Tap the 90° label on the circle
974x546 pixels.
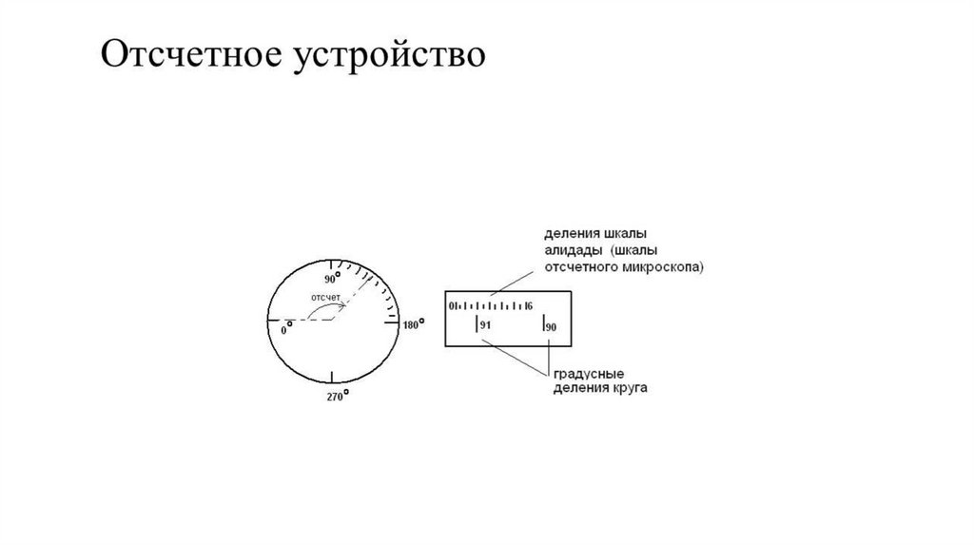(x=332, y=280)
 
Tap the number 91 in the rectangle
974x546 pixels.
(x=485, y=326)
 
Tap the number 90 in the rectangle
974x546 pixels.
(x=551, y=327)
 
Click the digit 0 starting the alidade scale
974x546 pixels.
(x=452, y=306)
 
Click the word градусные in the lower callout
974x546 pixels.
(x=584, y=374)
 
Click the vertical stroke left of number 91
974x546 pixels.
(x=476, y=325)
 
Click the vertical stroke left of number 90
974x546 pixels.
(x=542, y=325)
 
